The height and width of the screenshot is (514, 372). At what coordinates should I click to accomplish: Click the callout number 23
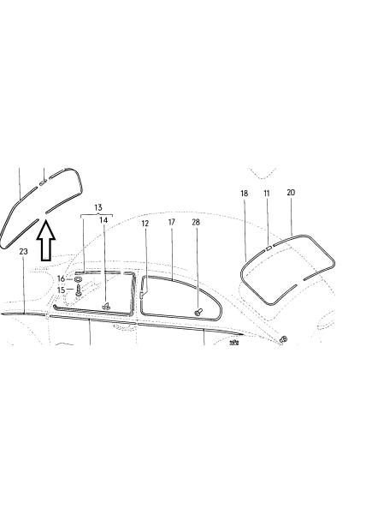point(24,251)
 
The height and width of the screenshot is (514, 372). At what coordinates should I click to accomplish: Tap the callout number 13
point(97,207)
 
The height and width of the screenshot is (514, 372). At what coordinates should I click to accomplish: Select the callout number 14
point(103,220)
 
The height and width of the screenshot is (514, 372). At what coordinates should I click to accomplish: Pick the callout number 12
point(145,224)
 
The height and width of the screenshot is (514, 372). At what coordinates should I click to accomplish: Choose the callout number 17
point(172,222)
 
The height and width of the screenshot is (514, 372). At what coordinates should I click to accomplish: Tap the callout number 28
point(196,222)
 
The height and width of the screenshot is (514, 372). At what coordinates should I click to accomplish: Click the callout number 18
point(244,194)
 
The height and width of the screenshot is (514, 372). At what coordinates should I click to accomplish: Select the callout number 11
point(267,194)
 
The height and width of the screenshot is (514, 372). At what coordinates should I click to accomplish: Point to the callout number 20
point(291,193)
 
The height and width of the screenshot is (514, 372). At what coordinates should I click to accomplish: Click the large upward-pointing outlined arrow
point(46,240)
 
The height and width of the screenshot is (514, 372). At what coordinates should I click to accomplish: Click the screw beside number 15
point(78,290)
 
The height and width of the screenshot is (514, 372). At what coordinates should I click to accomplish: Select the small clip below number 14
point(106,306)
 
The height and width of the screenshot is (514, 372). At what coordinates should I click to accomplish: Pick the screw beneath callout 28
point(198,312)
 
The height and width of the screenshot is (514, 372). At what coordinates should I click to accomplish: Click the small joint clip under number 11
point(269,248)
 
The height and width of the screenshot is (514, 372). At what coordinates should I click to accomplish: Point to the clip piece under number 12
point(141,295)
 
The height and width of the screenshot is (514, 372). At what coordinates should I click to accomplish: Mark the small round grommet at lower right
point(284,338)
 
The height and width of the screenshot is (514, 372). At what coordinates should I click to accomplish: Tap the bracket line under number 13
point(97,215)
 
